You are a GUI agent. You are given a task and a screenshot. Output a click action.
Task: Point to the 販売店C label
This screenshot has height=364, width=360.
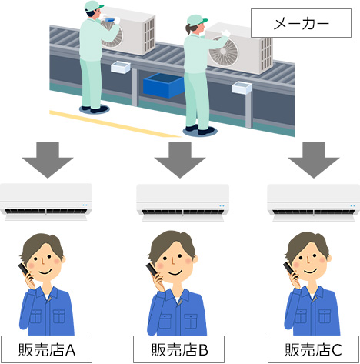pyautogui.click(x=312, y=350)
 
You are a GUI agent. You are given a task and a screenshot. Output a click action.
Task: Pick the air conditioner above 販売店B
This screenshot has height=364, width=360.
pyautogui.click(x=182, y=199)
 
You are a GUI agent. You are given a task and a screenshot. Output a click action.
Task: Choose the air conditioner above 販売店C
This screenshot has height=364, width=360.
pyautogui.click(x=313, y=199)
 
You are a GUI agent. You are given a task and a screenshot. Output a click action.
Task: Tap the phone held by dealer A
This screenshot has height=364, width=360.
pyautogui.click(x=25, y=270)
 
